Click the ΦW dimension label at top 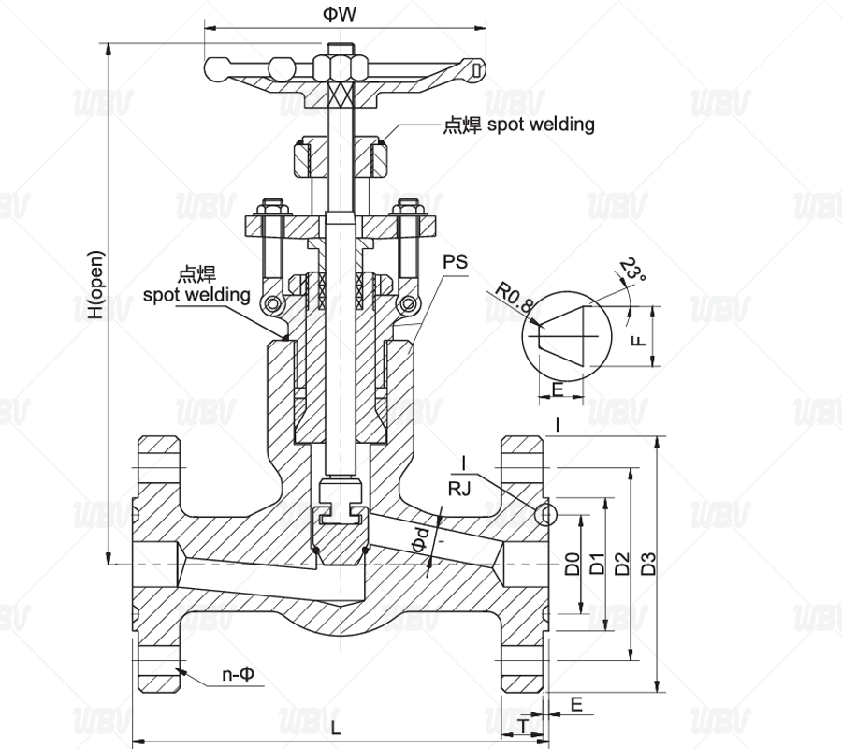(x=340, y=14)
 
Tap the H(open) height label (x=96, y=285)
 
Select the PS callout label (x=456, y=261)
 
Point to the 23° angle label (x=633, y=270)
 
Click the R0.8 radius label (x=514, y=298)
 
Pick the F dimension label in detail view (x=638, y=340)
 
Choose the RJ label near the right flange (x=459, y=489)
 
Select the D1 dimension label (x=598, y=564)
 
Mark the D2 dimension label (x=622, y=564)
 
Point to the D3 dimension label (x=649, y=564)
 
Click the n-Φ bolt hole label (x=238, y=674)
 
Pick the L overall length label (x=336, y=727)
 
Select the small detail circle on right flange (x=546, y=515)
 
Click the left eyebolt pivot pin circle (x=273, y=304)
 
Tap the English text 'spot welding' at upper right (x=541, y=125)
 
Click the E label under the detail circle (x=558, y=389)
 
